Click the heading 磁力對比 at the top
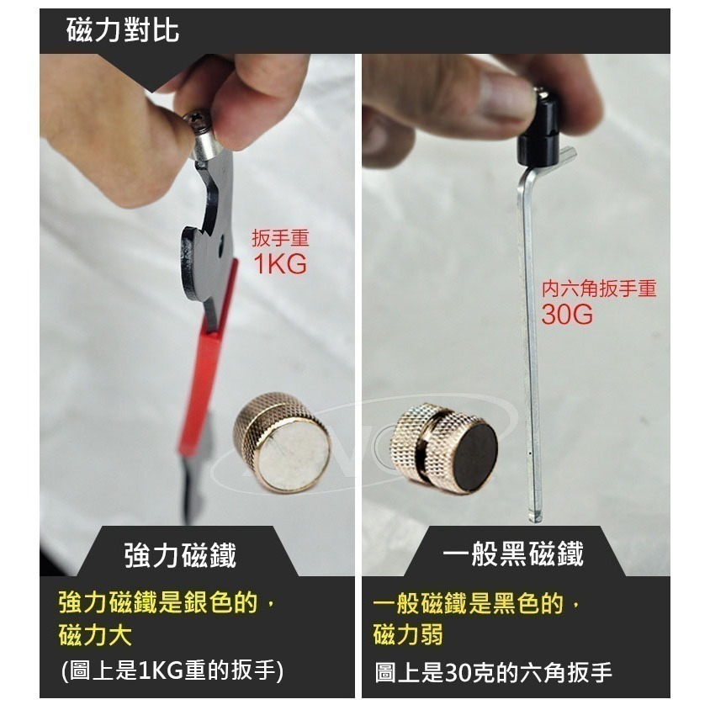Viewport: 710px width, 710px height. pos(123,32)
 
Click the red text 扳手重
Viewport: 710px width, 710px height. pos(280,239)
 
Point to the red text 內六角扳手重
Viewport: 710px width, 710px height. pos(599,289)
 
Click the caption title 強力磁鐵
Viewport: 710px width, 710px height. pos(180,555)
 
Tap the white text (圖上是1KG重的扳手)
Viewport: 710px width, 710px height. pos(172,671)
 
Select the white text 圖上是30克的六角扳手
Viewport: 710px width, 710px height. pos(493,672)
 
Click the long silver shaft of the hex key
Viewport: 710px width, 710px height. pos(530,336)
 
